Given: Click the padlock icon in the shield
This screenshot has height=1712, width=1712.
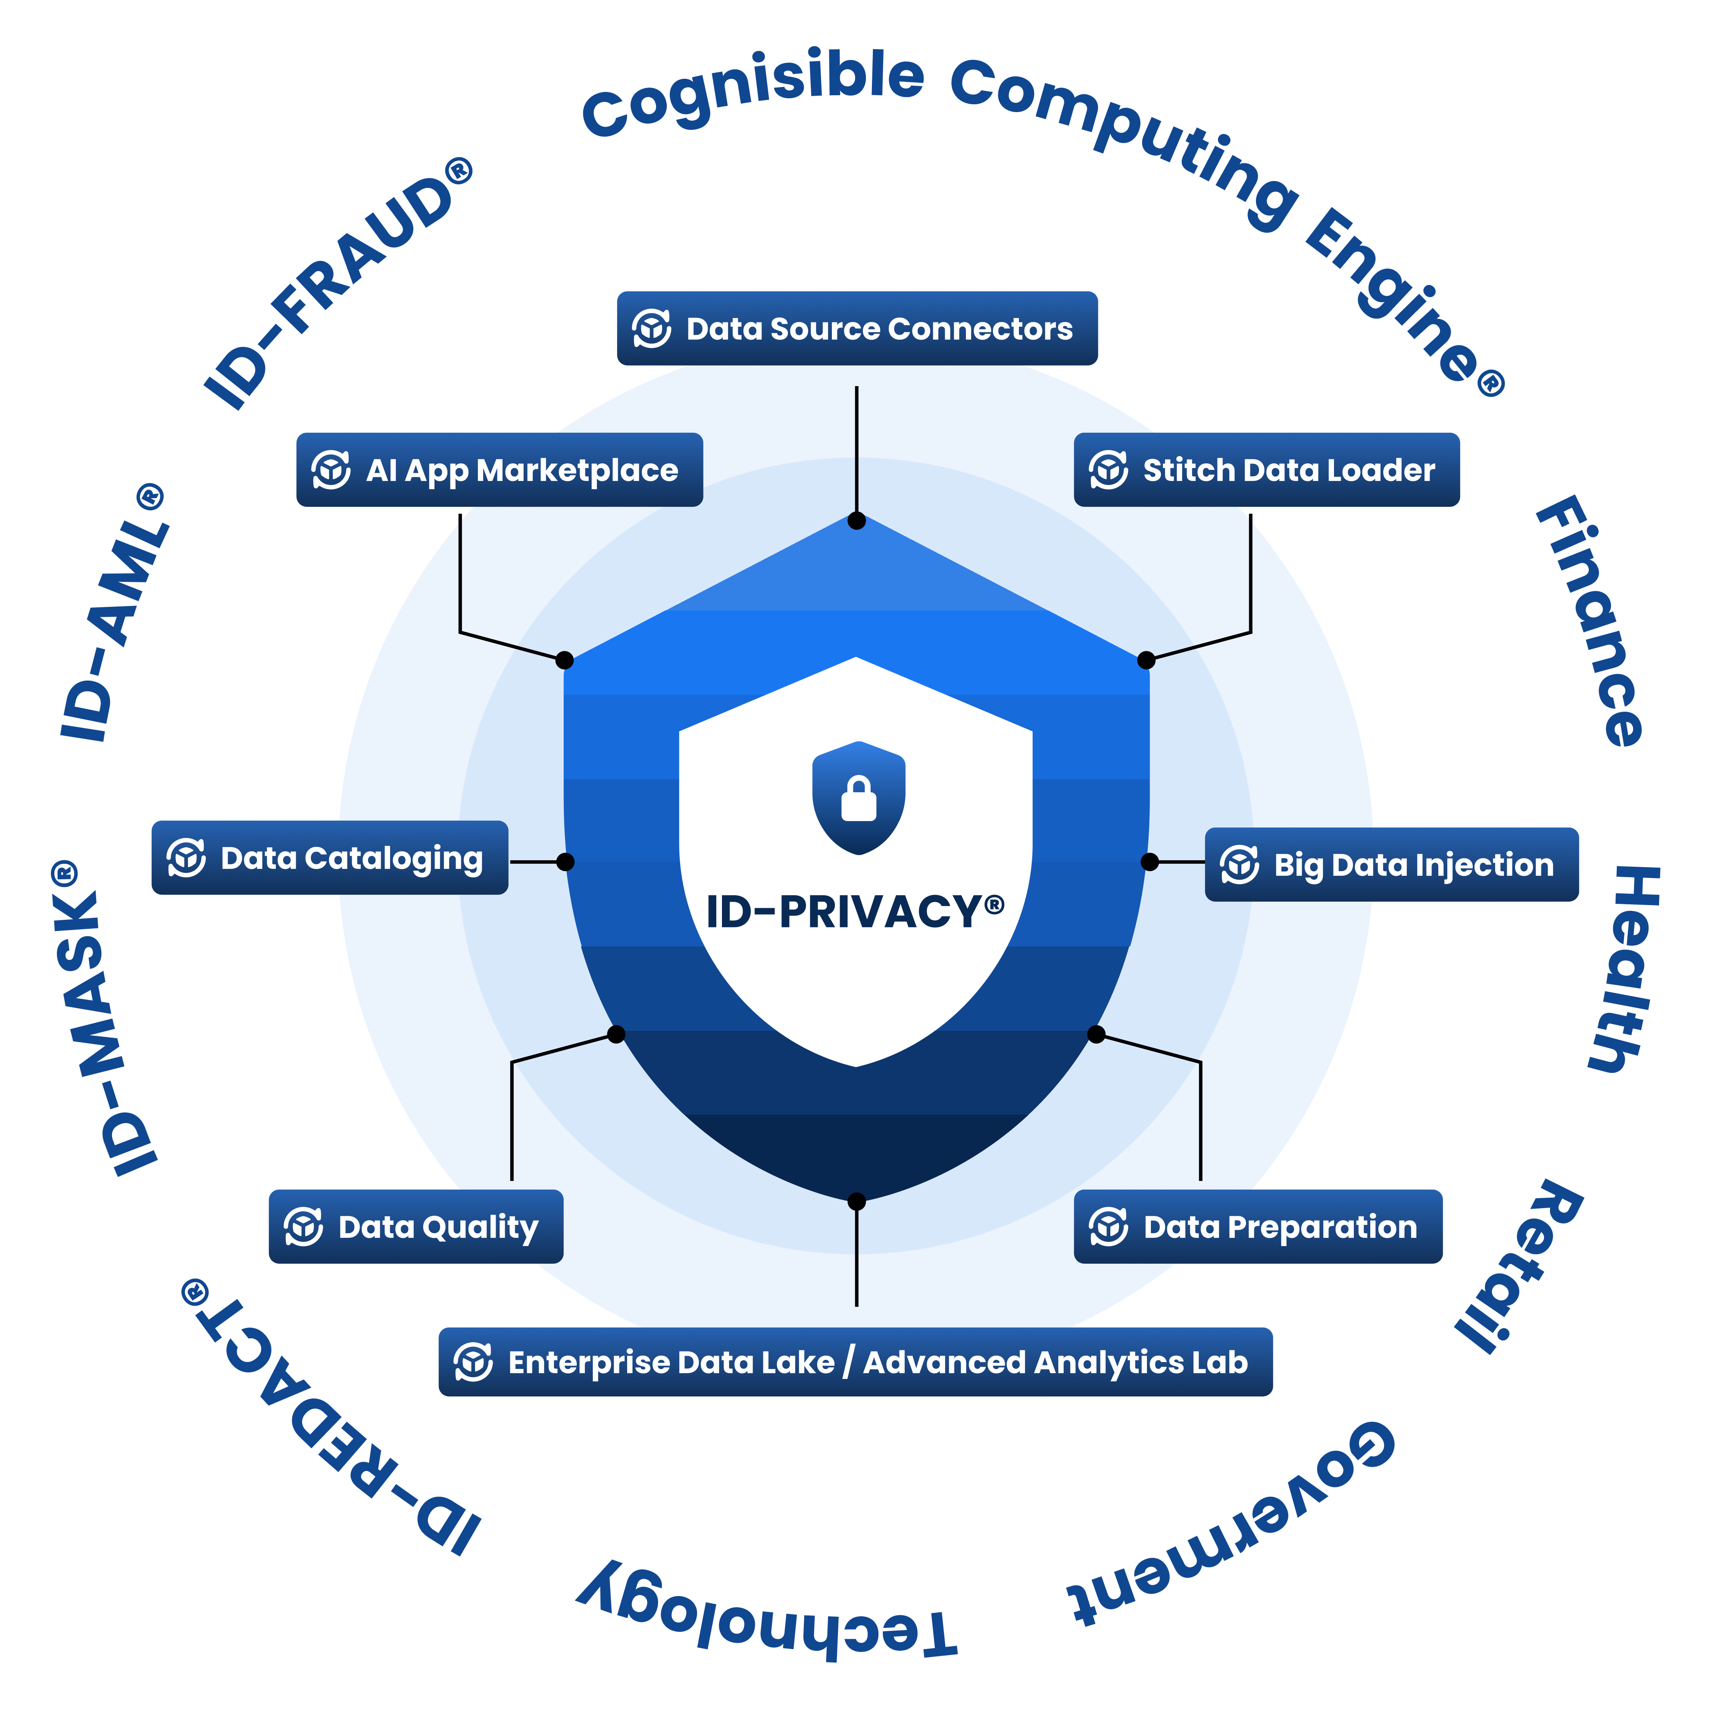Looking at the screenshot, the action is click(859, 797).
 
